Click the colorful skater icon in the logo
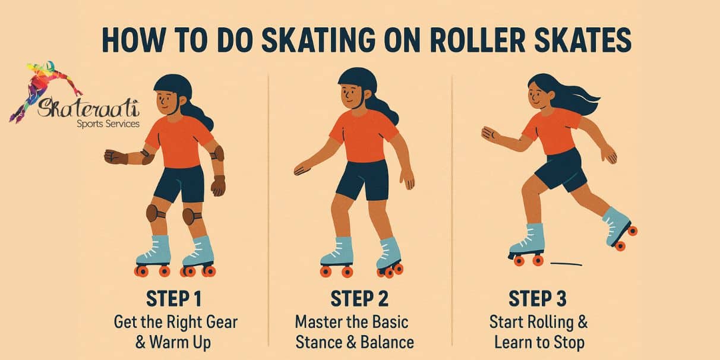click(x=42, y=83)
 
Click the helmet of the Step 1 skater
click(x=173, y=86)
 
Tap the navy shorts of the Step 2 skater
click(x=362, y=178)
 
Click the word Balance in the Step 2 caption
click(x=387, y=343)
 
